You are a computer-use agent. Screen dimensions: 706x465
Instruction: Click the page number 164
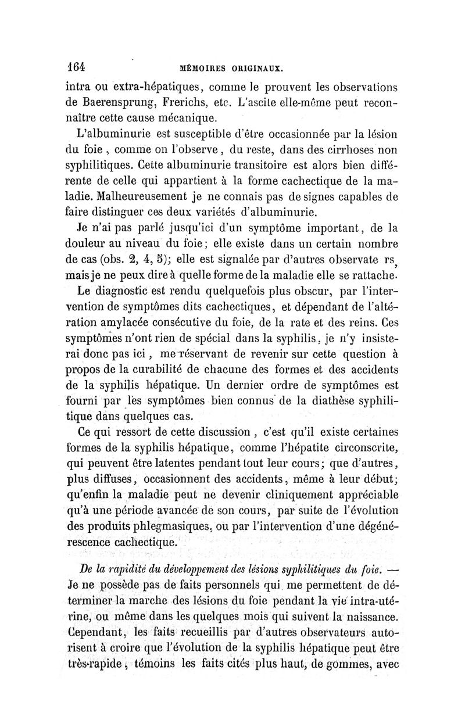76,67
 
